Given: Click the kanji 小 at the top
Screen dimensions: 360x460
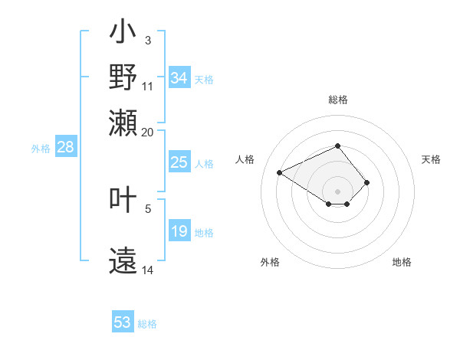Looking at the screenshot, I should [x=123, y=34].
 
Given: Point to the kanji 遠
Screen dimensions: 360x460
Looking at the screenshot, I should [x=123, y=260].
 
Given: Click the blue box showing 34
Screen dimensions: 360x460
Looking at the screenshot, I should [x=179, y=78].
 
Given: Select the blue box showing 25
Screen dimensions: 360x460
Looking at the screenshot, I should [x=179, y=162].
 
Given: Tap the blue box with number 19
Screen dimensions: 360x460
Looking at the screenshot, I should [x=179, y=231].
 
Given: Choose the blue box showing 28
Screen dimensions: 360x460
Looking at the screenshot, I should [x=65, y=148].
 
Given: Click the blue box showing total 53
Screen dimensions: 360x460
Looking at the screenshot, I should [x=123, y=322].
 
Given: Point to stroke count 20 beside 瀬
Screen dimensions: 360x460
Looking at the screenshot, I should [x=147, y=131].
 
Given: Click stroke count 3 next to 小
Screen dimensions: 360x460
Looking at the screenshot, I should [x=147, y=40].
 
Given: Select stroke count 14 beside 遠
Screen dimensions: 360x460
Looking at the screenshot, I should [x=147, y=270].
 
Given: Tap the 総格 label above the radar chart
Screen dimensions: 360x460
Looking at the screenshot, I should [x=337, y=100].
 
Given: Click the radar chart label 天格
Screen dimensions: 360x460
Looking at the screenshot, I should [x=431, y=159].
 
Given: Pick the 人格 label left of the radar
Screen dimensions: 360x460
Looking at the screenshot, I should [x=245, y=159].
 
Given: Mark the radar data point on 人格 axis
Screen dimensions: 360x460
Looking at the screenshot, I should [x=280, y=172].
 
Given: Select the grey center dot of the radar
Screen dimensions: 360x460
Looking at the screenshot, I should [x=337, y=191].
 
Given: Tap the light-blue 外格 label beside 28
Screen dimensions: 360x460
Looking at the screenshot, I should [x=40, y=149].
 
